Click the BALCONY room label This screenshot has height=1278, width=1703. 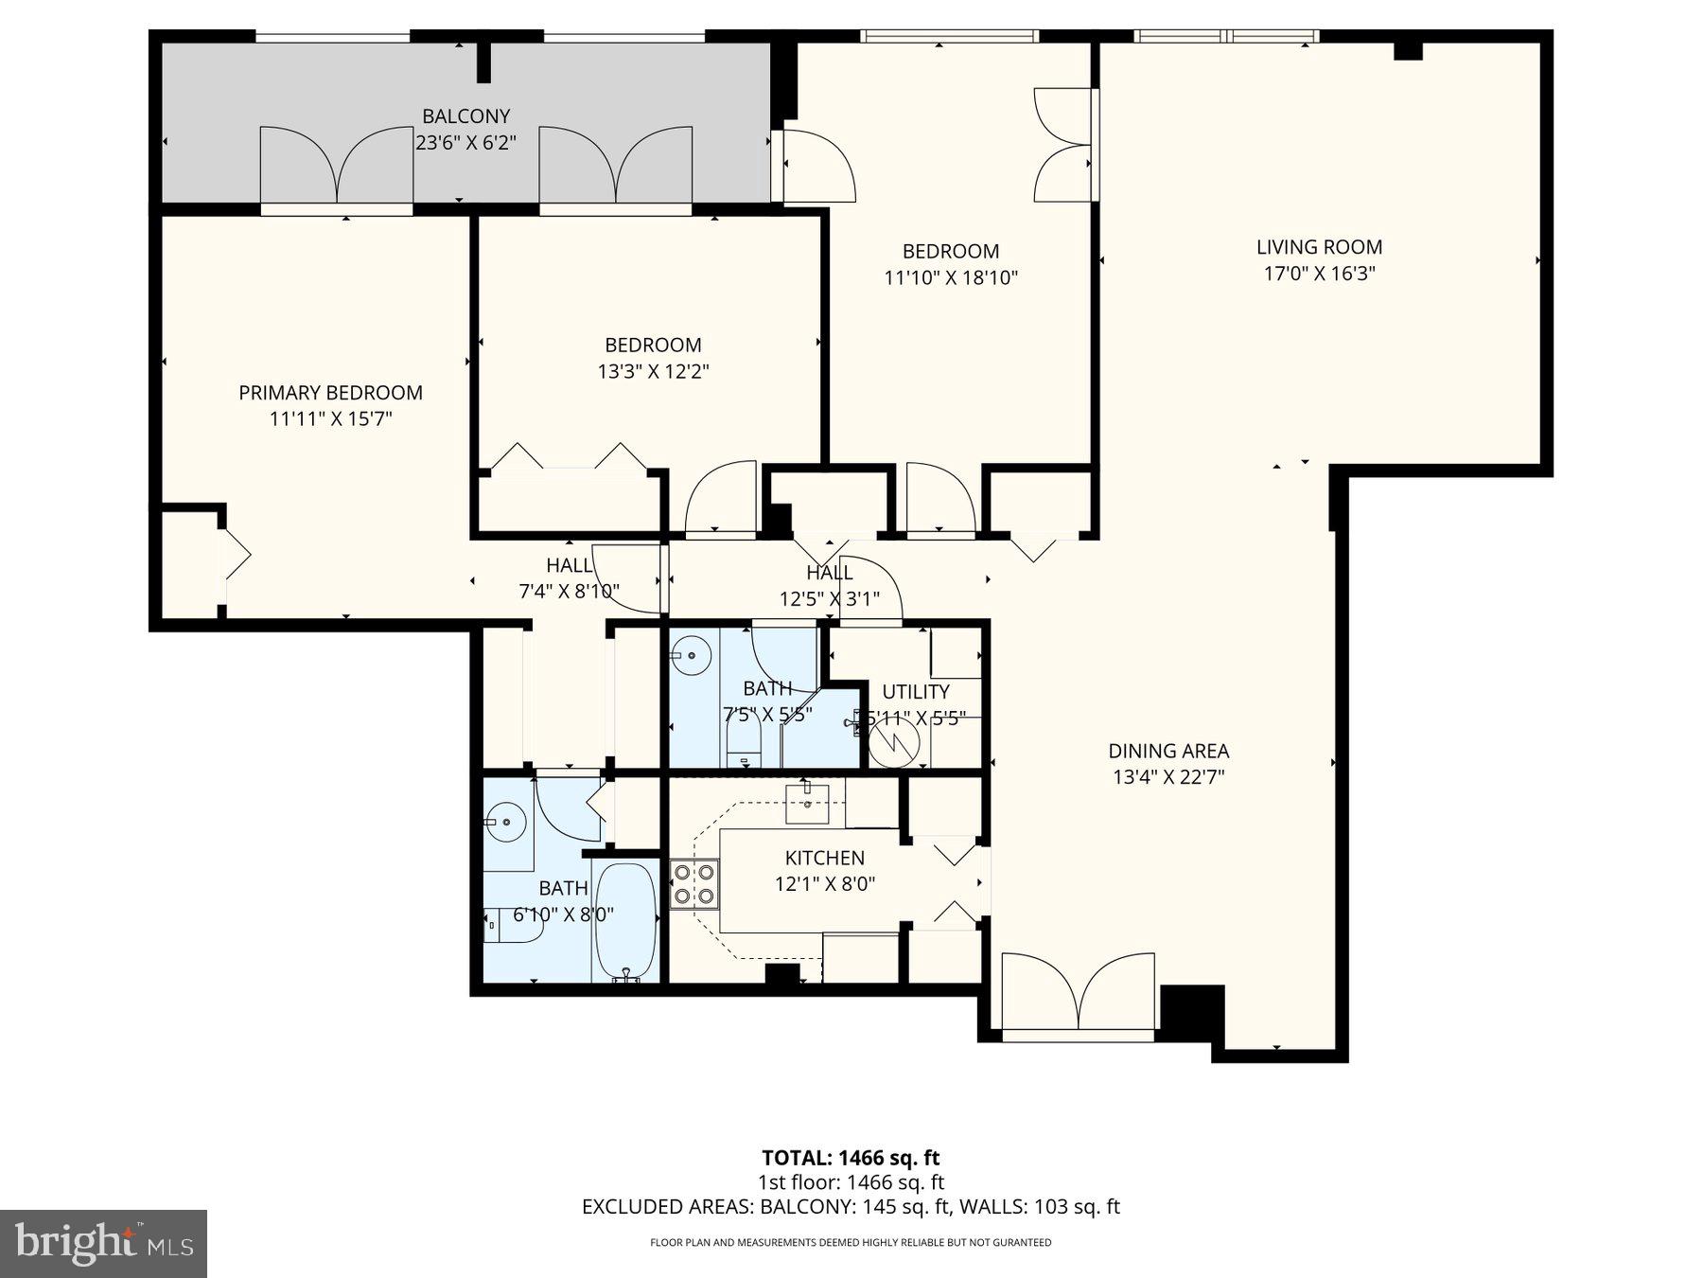465,116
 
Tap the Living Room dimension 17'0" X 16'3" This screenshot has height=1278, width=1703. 1319,274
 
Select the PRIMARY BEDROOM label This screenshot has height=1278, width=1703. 330,393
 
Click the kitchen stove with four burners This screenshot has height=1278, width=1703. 693,884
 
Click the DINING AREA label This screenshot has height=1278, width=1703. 1168,751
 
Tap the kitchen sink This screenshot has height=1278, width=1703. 807,804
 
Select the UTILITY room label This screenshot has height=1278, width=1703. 915,691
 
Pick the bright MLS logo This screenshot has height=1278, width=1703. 103,1243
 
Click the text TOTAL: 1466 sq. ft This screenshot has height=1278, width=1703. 851,1157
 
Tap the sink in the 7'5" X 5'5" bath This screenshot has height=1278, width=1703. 694,653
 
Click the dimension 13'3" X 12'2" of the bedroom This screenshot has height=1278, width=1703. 653,371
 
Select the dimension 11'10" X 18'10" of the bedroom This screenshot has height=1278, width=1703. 950,277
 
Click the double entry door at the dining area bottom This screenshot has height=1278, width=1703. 1078,994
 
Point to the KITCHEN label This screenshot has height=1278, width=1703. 824,858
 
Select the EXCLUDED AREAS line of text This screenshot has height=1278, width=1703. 851,1206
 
